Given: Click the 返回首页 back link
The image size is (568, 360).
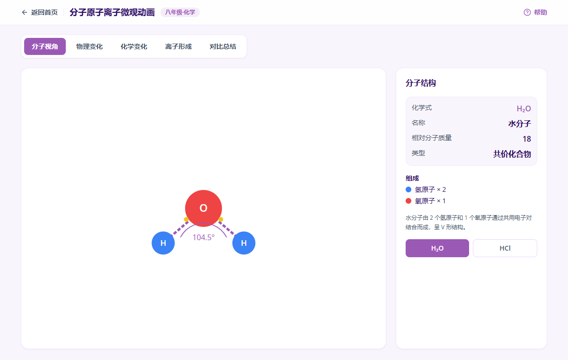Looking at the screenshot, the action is pos(40,12).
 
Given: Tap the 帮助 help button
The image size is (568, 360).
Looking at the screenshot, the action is pos(535,12).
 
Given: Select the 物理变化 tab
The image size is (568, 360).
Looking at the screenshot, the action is pos(89,46).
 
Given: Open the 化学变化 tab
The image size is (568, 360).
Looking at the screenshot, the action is pos(133,46).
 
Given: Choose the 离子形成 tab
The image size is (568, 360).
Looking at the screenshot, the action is pos(178,46).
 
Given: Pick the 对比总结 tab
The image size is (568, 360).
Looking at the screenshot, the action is pos(222,46).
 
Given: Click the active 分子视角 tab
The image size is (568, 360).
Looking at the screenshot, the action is pos(45,46).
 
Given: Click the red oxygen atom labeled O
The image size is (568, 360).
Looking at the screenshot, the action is pos(204,208).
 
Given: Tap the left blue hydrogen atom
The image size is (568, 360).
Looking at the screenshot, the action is pos(163,243).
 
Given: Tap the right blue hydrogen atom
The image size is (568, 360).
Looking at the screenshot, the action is pos(244,243).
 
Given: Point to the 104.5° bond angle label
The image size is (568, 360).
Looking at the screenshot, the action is pos(204,237).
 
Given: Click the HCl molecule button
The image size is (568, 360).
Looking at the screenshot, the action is pos(505,248).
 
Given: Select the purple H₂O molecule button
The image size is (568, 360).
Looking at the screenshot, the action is pos(437,248).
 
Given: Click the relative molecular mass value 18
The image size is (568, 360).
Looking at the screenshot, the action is pos(527,139).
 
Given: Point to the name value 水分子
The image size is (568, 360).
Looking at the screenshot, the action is pos(519,124).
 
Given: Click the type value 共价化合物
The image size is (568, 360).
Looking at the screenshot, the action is pos(512,154).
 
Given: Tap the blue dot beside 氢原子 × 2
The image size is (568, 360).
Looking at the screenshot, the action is pos(408,189).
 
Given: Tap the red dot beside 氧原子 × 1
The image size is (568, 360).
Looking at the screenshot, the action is pos(408,201).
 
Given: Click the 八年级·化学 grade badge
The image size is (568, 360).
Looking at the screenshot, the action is pos(180,12).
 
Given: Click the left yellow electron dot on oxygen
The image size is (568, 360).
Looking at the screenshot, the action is pos(186,219).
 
